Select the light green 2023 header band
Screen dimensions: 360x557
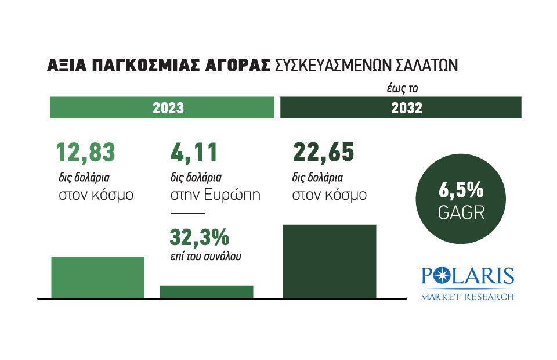coord(162,108)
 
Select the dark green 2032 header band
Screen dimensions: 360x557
coord(401,108)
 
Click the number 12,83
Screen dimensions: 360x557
coord(85,153)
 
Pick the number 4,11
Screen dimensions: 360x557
coord(194,153)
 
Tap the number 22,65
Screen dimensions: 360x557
coord(323,153)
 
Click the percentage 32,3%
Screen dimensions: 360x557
coord(199,237)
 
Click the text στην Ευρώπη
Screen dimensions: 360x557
coord(215,195)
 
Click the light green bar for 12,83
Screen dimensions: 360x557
coord(97,278)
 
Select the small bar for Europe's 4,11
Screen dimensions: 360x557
coord(207,292)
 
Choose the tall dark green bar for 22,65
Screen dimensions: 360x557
coord(329,261)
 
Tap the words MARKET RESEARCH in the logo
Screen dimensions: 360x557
coord(467,297)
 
